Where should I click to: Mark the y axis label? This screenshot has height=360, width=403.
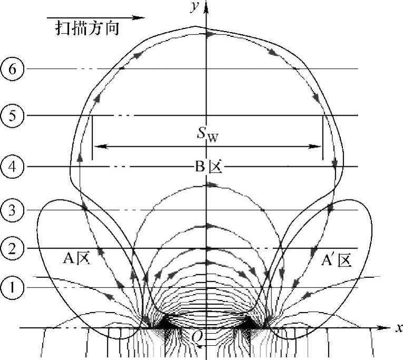click(196, 7)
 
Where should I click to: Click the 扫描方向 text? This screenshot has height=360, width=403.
click(87, 28)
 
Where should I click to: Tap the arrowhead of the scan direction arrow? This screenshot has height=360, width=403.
click(140, 17)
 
